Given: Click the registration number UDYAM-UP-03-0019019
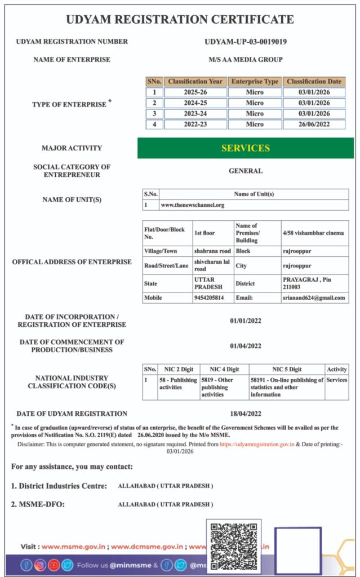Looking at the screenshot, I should tap(245, 41).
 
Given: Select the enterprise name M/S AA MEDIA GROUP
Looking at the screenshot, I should tap(245, 59).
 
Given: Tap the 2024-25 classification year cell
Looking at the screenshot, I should tap(197, 103).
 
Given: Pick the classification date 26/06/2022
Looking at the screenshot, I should tap(314, 125).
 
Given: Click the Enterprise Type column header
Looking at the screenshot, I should tap(255, 82).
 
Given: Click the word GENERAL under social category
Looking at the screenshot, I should tap(245, 171).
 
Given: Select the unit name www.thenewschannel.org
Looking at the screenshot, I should tap(192, 205).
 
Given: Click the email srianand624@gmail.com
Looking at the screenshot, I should tap(314, 298).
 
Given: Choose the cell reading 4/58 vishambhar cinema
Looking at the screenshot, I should tap(313, 233).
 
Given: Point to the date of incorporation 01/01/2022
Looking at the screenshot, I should tap(245, 321).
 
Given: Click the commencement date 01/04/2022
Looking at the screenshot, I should tap(245, 346).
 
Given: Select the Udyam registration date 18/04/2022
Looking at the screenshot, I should tap(245, 413).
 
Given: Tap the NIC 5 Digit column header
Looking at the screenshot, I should tap(287, 369).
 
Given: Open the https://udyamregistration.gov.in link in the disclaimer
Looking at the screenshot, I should tap(256, 444).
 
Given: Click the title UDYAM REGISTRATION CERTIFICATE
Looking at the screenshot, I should tap(180, 20).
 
